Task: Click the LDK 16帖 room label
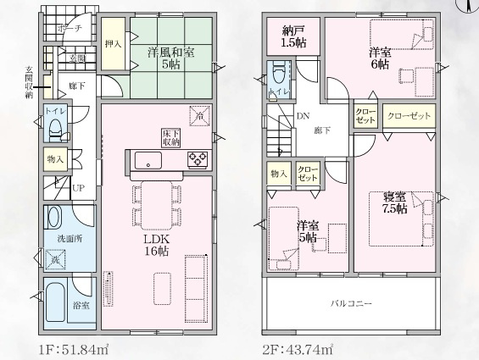(x=156, y=246)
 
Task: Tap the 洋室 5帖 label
(x=307, y=232)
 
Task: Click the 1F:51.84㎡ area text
(x=73, y=348)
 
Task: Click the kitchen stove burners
(x=198, y=159)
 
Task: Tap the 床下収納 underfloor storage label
(x=170, y=136)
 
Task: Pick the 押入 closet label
(x=113, y=42)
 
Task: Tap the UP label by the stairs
(x=77, y=188)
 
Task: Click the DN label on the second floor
(x=303, y=118)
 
